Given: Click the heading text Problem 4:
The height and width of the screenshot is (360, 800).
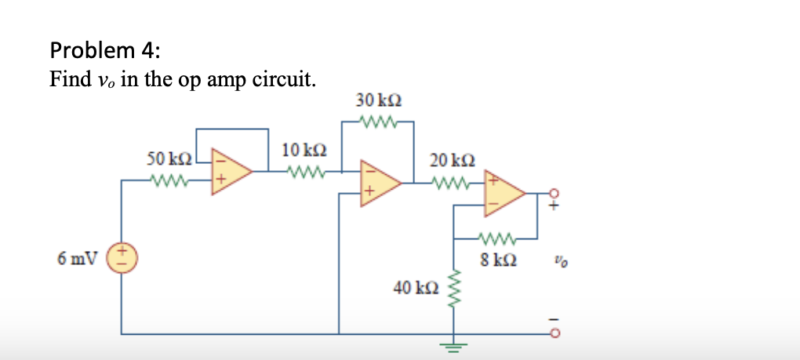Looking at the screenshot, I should pos(105,51).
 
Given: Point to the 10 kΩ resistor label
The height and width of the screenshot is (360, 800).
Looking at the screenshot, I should pos(300,149).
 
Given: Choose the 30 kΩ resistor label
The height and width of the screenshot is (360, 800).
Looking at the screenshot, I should pos(379,100).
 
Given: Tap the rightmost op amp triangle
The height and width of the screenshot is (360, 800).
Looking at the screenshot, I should pos(504,193).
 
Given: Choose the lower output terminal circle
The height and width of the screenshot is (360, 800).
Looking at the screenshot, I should pos(555,333).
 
